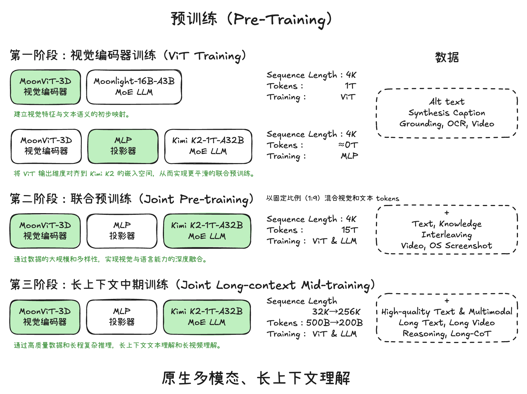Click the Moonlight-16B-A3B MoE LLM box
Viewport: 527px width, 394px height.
[134, 87]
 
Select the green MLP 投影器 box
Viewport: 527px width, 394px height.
[123, 146]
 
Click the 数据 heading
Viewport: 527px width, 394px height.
[447, 57]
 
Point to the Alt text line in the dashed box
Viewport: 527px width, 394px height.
[447, 102]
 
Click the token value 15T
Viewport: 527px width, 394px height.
[349, 230]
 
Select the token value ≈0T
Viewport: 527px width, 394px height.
[348, 145]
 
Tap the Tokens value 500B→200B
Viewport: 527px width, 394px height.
[334, 323]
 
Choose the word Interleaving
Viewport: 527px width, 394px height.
[446, 235]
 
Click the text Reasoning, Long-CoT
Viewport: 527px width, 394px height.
[447, 334]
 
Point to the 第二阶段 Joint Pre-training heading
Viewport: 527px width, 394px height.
[132, 199]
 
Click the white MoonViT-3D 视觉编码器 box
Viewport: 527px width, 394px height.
[46, 146]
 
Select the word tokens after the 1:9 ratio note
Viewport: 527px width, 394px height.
[387, 198]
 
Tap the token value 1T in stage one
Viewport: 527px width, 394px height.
[350, 86]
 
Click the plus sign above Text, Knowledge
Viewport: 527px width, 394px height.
[447, 213]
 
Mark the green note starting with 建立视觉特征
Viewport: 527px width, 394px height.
[72, 114]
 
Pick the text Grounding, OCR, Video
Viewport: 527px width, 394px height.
[447, 124]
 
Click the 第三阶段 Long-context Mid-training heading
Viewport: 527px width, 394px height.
[192, 285]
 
